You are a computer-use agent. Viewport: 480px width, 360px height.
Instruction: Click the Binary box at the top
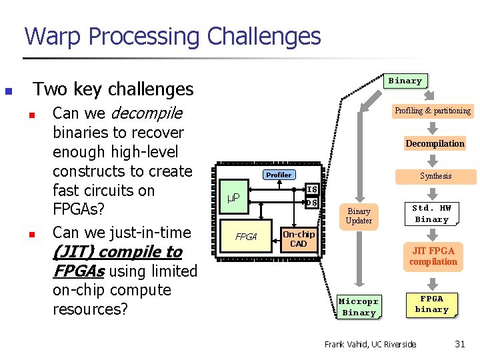[405, 81]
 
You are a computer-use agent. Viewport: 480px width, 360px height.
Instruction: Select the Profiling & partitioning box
[432, 111]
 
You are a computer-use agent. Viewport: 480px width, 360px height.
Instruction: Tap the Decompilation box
[435, 143]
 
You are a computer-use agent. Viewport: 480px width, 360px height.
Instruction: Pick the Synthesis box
[435, 176]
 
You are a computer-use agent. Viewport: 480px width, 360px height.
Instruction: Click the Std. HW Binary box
[432, 214]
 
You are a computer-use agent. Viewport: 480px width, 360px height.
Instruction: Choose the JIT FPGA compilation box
[433, 256]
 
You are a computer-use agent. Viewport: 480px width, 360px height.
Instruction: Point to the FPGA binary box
[431, 304]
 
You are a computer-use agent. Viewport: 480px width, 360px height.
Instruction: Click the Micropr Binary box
[359, 307]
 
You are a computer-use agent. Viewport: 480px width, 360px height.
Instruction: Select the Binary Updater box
[359, 215]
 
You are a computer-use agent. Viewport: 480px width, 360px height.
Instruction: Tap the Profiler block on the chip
[279, 175]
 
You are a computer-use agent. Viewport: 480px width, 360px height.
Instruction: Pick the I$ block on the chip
[311, 190]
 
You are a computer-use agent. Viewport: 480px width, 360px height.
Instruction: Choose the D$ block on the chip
[311, 203]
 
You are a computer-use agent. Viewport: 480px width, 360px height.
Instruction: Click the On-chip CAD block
[299, 239]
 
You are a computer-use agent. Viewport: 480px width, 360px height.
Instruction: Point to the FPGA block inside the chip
[246, 237]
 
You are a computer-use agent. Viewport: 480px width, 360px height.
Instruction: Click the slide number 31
[459, 344]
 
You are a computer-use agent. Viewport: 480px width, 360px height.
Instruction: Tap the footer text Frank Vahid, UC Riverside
[369, 344]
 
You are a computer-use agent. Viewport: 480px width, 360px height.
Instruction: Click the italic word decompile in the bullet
[147, 113]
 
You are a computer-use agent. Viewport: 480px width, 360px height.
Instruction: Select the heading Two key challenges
[113, 89]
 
